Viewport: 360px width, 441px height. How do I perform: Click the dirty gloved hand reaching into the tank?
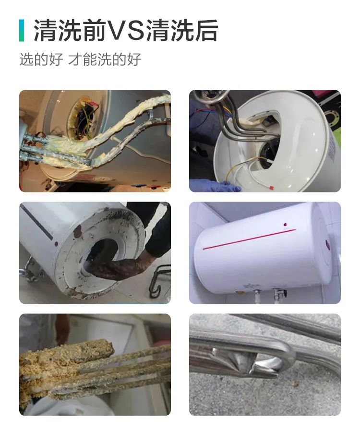[113, 266]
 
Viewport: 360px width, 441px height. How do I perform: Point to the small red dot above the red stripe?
[287, 224]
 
